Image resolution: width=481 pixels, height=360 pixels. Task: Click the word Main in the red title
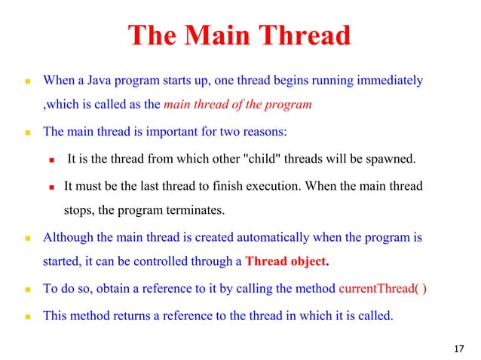click(219, 35)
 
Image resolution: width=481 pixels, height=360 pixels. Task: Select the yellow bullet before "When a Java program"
click(26, 81)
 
